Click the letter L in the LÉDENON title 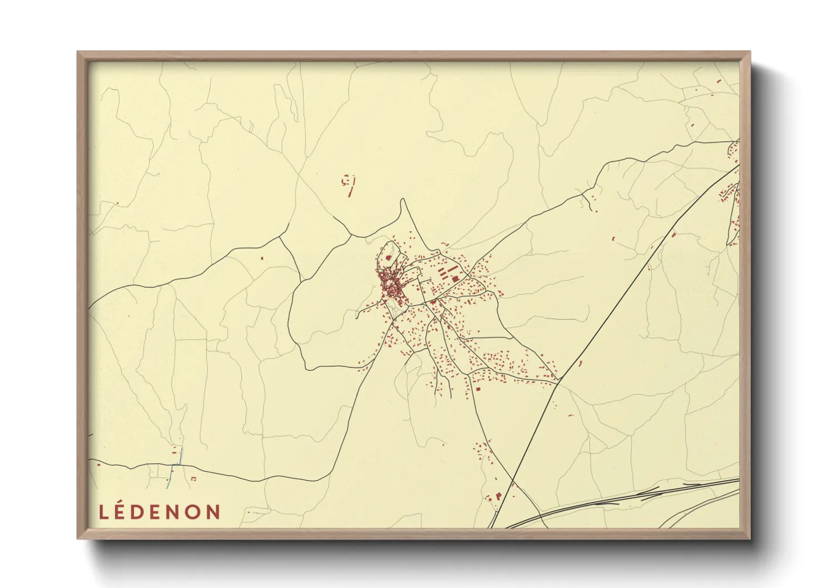[103, 512]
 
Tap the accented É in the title [122, 511]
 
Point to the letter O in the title [192, 512]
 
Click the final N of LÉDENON [214, 512]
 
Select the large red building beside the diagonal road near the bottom [498, 495]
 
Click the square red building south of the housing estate [478, 389]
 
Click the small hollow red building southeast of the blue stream [194, 479]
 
